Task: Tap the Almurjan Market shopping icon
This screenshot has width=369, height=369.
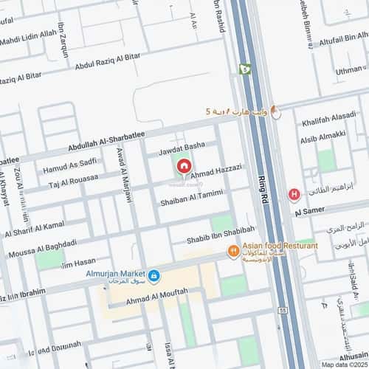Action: pyautogui.click(x=154, y=276)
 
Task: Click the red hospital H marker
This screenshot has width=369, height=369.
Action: pyautogui.click(x=294, y=195)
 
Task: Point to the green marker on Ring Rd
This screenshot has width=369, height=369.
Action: pyautogui.click(x=244, y=69)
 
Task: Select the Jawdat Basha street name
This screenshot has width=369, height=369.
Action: pyautogui.click(x=181, y=146)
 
